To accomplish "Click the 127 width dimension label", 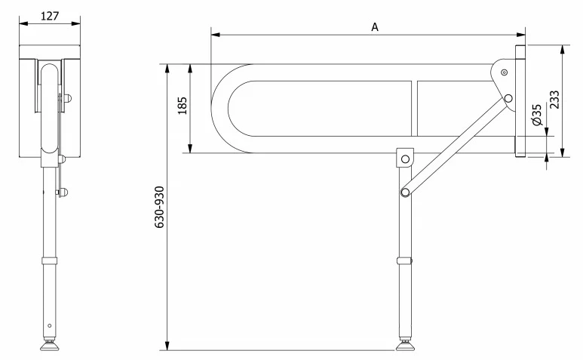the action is [50, 16].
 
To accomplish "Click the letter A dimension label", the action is [375, 27].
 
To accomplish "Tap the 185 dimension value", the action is [183, 106].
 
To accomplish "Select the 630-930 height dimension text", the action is [159, 207].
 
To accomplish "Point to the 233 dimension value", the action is [554, 100].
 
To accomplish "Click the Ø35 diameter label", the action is [537, 115].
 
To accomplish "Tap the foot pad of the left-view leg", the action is [50, 346].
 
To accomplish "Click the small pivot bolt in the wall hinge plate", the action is [504, 72].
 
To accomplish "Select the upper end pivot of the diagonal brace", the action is [508, 99].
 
